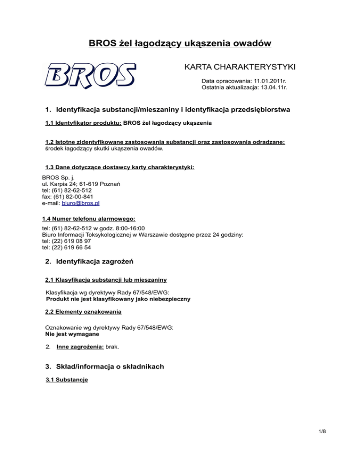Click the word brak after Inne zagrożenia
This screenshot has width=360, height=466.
113,348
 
